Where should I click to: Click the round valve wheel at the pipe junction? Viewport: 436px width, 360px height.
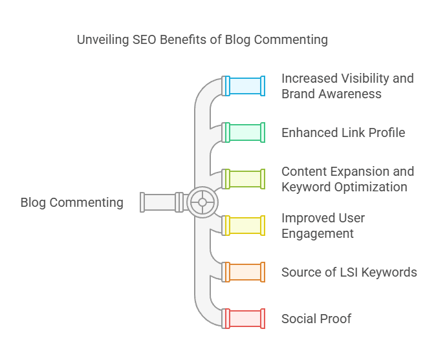[x=202, y=202]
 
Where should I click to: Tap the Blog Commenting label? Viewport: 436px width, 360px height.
[x=72, y=202]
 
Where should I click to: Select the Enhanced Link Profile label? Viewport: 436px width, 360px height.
[x=343, y=132]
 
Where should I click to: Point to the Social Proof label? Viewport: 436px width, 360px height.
[x=316, y=319]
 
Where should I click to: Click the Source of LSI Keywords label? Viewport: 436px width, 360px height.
[x=349, y=272]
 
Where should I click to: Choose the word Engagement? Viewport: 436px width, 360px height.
[x=318, y=233]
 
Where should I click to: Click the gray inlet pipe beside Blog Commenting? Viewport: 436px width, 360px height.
[x=159, y=202]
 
